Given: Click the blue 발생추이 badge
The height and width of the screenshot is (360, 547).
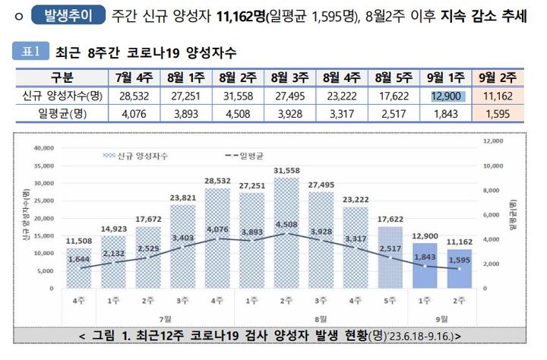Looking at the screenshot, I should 67,14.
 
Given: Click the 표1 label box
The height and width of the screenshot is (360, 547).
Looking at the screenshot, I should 30,52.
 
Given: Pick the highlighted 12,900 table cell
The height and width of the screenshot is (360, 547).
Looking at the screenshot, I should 445,96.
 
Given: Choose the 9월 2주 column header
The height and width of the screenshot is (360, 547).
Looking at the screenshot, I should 498,77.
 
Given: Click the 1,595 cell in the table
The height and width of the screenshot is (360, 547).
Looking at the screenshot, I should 498,113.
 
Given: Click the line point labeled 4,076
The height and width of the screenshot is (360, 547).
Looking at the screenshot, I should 217,238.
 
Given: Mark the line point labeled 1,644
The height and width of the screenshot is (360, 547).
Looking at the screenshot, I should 78,268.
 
